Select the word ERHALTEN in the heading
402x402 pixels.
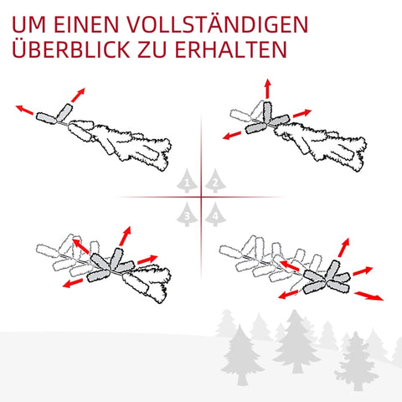pyautogui.click(x=228, y=49)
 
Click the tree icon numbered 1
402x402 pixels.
pyautogui.click(x=186, y=180)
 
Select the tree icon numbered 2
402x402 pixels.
pyautogui.click(x=215, y=180)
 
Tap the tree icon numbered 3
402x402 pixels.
pyautogui.click(x=186, y=214)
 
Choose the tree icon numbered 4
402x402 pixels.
pyautogui.click(x=215, y=214)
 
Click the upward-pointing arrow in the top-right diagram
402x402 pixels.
pyautogui.click(x=266, y=89)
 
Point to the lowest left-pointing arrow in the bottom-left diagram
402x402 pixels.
pyautogui.click(x=72, y=283)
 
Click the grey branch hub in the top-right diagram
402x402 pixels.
pyautogui.click(x=266, y=117)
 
